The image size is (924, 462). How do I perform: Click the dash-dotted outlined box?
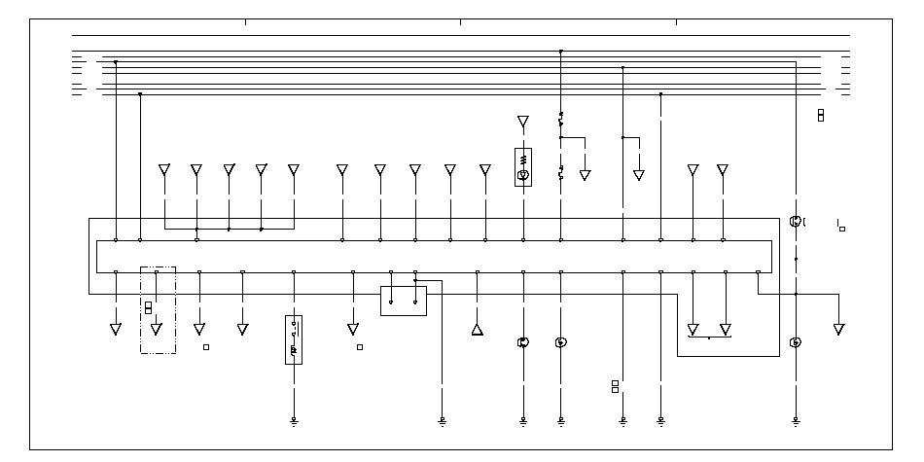[158, 309]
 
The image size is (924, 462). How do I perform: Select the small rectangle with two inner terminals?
[403, 301]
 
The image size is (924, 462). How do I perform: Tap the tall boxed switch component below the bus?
[294, 339]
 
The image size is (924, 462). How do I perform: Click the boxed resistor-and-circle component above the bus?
[523, 166]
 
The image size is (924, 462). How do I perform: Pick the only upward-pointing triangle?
[477, 330]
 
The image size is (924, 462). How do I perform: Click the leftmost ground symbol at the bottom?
[294, 422]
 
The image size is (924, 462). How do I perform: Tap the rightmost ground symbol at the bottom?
[796, 422]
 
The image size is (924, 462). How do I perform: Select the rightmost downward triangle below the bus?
[838, 330]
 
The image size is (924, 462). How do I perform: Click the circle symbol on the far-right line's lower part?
[796, 342]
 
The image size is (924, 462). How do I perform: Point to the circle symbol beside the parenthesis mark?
[795, 222]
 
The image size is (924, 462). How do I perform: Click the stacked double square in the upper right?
[821, 115]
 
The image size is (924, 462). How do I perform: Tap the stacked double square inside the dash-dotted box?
[149, 307]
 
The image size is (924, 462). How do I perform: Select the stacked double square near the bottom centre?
[615, 386]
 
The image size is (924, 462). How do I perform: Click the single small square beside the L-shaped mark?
[842, 229]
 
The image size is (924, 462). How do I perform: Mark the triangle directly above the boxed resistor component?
[523, 122]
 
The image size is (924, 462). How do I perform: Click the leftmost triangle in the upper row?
[164, 170]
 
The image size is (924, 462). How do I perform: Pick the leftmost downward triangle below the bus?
[116, 330]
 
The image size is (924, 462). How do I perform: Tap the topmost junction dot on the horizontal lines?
[561, 51]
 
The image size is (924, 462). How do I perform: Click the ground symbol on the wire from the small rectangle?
[442, 422]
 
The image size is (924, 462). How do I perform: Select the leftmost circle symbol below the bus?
[523, 342]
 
